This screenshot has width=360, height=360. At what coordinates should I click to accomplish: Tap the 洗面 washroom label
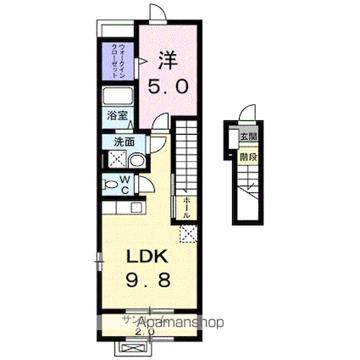tap(124, 141)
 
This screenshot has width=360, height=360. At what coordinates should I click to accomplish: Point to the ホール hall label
tap(186, 207)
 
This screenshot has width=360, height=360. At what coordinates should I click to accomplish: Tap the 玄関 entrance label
tap(247, 137)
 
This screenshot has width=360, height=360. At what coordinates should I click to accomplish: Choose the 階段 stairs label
tap(247, 156)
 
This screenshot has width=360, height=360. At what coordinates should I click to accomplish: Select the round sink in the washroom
tap(136, 160)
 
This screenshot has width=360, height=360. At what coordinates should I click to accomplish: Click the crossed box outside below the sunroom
tap(135, 346)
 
